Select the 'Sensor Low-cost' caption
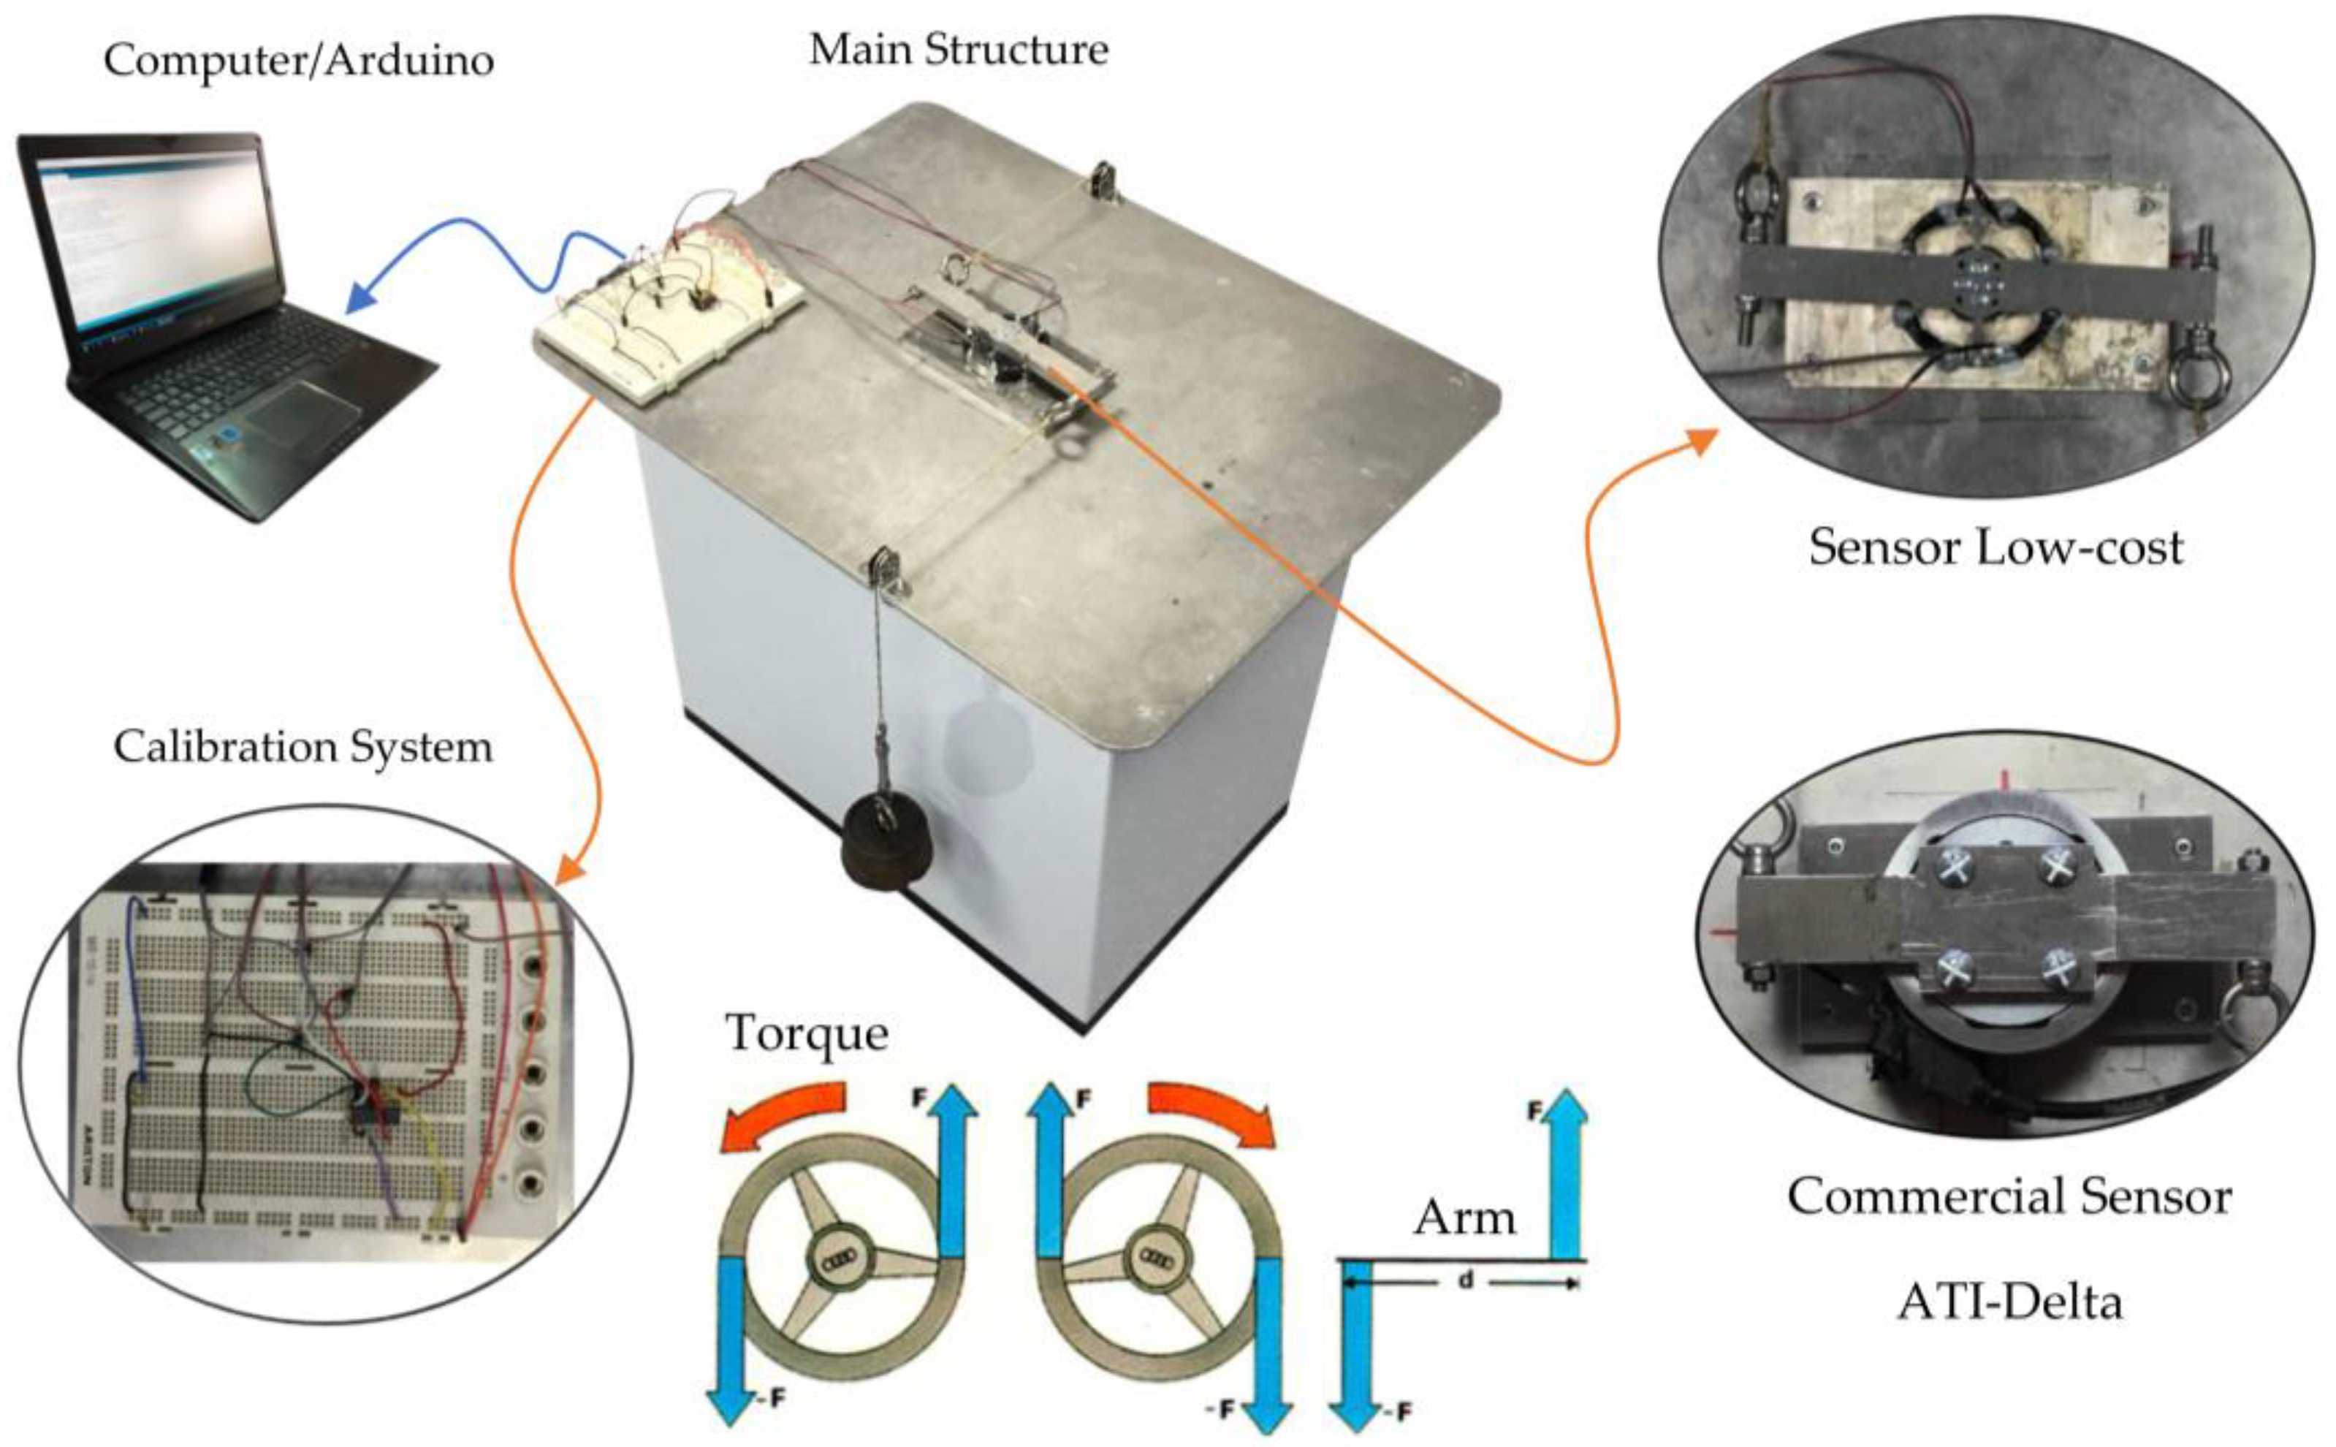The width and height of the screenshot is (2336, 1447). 1996,547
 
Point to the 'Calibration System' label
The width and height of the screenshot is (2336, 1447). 303,746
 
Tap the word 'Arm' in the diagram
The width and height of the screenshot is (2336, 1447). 1464,1218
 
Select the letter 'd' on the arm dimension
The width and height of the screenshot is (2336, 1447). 1464,1280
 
